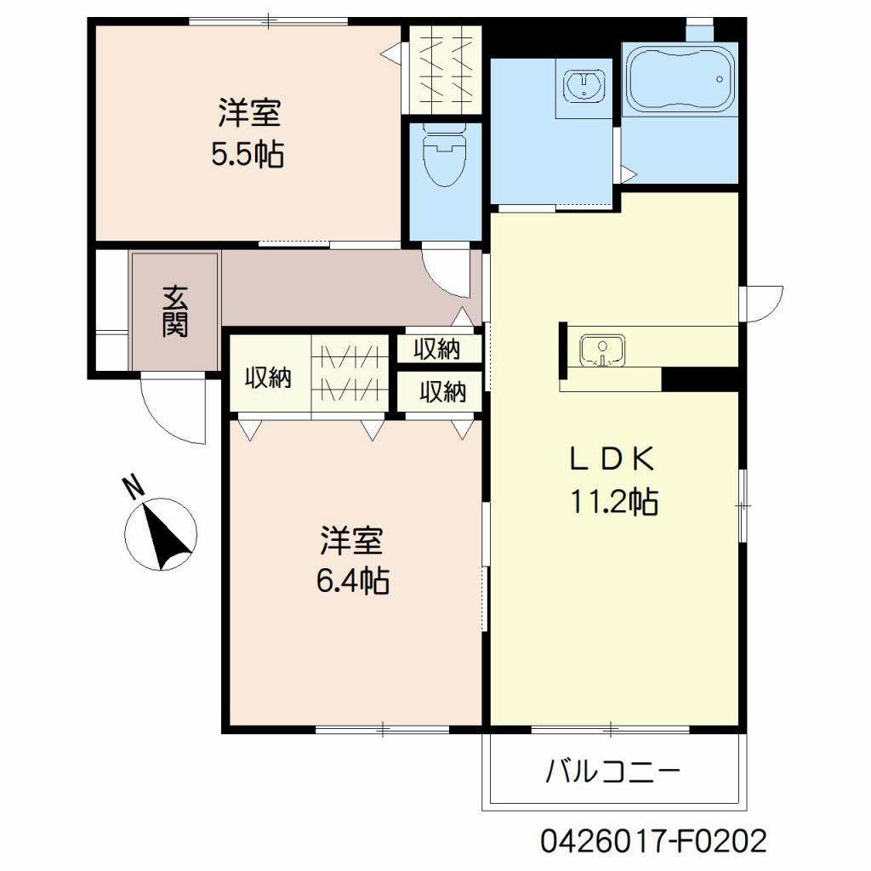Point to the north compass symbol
point(161,535)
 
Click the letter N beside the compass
point(133,487)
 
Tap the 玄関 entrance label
point(175,311)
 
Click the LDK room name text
point(612,459)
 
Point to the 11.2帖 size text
point(612,503)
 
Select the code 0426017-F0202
point(654,841)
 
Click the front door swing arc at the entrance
point(170,413)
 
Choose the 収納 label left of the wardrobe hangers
point(269,377)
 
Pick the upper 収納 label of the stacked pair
point(437,349)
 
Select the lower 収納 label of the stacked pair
point(442,392)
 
